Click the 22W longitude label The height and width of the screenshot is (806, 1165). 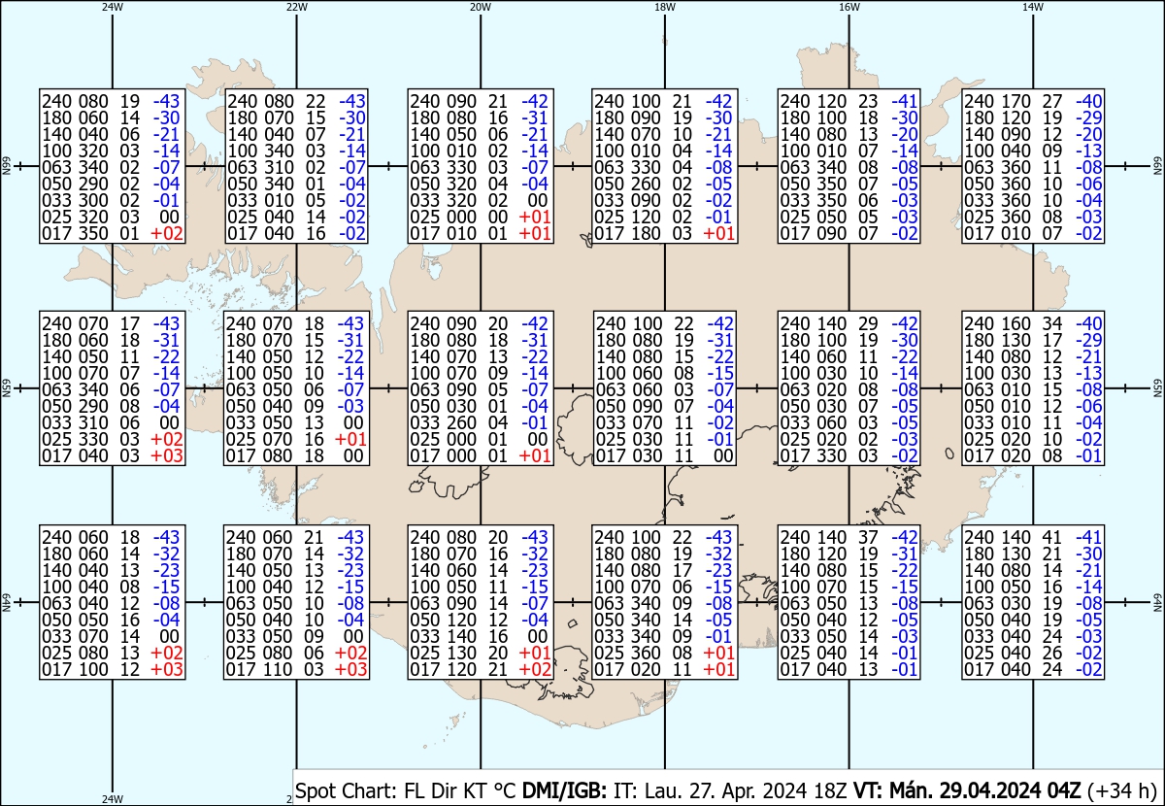click(x=297, y=7)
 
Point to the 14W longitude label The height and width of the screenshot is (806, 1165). click(x=1032, y=7)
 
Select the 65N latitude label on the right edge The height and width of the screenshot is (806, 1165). click(x=1156, y=388)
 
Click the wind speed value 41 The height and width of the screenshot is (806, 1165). click(x=1049, y=537)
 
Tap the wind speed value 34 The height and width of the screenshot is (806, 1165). click(x=1049, y=323)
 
